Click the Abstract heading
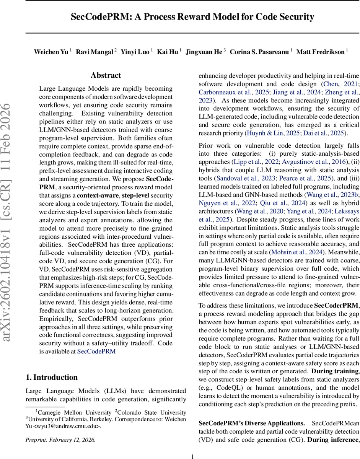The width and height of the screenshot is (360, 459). pos(106,75)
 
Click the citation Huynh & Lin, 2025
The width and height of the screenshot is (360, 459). pos(272,133)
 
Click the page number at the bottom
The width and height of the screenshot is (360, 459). pos(193,456)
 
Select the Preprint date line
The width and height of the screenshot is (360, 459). pos(60,439)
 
